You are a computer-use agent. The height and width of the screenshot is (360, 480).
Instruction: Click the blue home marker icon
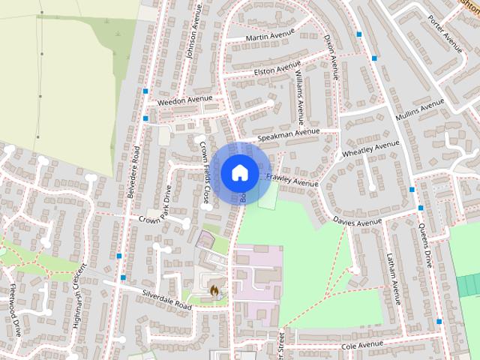tap(238, 172)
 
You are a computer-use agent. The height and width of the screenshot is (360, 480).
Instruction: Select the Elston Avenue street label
tap(277, 70)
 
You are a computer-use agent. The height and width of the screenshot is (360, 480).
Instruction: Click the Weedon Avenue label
tap(184, 100)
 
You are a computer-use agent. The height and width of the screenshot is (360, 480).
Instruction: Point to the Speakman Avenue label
tap(288, 135)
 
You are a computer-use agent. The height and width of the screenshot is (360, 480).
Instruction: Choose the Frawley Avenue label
tap(292, 179)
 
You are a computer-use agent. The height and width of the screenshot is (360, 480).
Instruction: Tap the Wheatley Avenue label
tap(370, 149)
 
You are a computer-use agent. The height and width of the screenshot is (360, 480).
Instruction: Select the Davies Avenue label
tap(358, 222)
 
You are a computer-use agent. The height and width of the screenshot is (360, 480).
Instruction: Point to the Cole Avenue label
tap(362, 346)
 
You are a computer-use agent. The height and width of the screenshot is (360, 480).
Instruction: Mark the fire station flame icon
tap(214, 289)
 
